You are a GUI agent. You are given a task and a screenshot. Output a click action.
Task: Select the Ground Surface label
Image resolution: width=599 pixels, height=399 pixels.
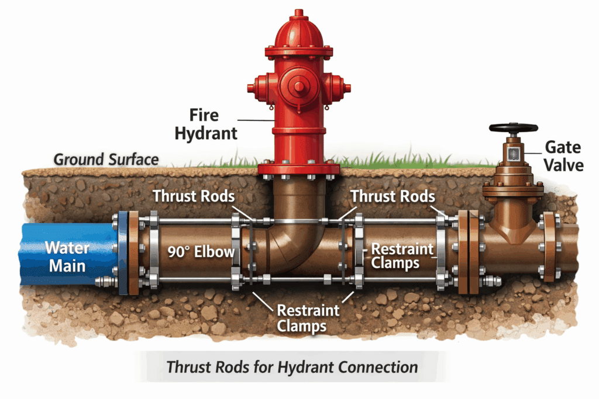coord(106,159)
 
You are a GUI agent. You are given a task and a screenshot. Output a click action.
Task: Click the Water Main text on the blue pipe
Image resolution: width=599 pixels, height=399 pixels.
coord(67,257)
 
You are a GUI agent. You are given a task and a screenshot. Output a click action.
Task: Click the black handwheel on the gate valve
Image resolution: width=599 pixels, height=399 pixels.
coord(514,129)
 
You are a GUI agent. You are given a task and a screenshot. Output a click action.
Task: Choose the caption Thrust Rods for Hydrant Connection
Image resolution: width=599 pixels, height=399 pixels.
coord(292,367)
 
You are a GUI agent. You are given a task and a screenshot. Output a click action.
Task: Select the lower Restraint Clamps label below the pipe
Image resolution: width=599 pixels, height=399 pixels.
coord(301,318)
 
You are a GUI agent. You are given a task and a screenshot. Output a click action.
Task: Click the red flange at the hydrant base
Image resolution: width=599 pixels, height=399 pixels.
coord(299,169)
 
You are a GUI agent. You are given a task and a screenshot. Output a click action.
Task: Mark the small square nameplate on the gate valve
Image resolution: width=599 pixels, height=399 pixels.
coord(513,154)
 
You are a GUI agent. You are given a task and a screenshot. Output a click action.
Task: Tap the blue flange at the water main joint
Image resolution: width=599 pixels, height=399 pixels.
coord(123,252)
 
